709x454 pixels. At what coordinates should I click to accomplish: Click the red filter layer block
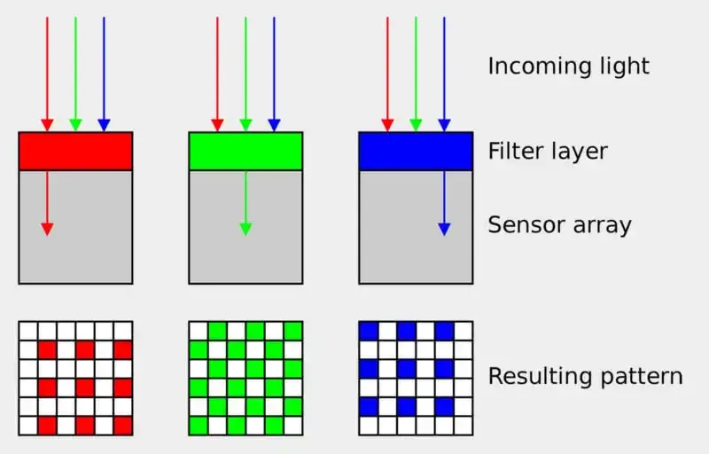pos(75,151)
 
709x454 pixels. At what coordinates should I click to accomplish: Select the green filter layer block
pos(245,151)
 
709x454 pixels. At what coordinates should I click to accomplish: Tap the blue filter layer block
pos(416,151)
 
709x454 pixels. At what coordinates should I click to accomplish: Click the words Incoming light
pos(568,66)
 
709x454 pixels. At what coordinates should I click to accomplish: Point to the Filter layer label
pos(548,151)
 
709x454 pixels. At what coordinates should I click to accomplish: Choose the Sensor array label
pos(559,224)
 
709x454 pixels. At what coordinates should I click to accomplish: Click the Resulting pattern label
pos(585,376)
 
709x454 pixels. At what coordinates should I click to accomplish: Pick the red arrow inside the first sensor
pos(47,203)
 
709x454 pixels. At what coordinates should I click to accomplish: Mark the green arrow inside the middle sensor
pos(245,203)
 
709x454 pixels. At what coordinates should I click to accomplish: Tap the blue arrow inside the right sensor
pos(444,203)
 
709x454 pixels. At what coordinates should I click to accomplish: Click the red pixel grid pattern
pos(75,378)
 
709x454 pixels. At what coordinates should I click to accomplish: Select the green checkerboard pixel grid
pos(245,378)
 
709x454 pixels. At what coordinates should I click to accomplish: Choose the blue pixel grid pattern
pos(416,378)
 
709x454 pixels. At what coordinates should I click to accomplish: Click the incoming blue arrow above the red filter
pos(104,71)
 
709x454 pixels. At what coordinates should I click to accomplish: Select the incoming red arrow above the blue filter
pos(387,71)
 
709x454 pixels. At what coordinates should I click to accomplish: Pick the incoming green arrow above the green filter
pos(245,71)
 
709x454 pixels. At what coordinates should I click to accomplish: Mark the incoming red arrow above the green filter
pos(217,71)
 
